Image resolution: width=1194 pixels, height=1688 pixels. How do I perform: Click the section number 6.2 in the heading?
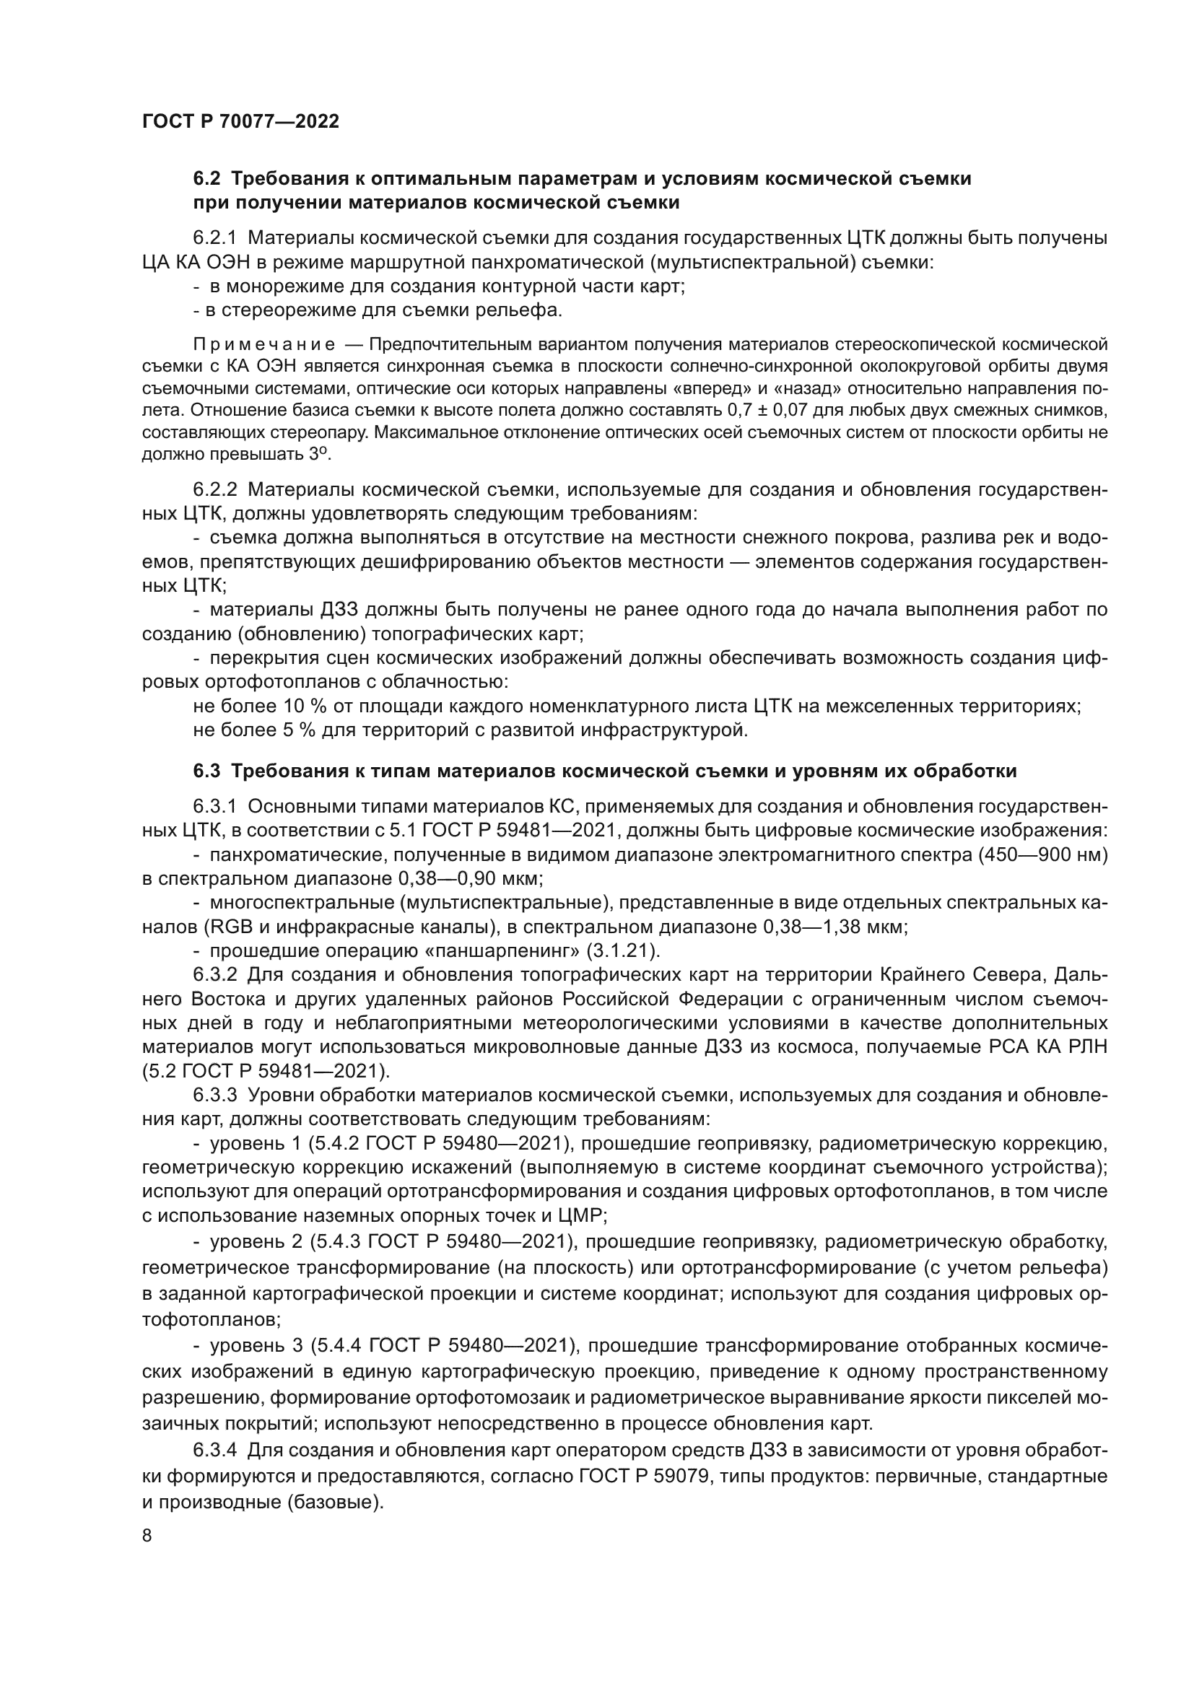point(207,179)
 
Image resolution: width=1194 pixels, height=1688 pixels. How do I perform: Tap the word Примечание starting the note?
point(264,345)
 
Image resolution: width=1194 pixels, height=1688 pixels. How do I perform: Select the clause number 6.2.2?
point(214,489)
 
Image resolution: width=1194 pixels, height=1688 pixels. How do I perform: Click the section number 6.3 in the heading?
point(207,771)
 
